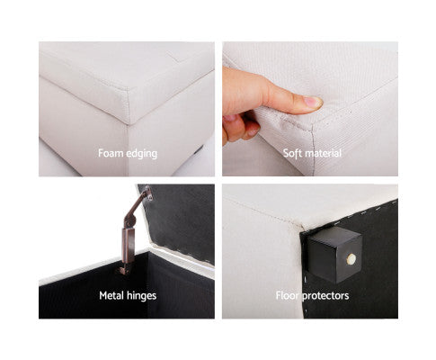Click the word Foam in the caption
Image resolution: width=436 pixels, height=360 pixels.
tap(111, 153)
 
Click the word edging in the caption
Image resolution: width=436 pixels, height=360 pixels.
tap(141, 154)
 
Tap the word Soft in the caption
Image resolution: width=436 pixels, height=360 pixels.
tap(291, 153)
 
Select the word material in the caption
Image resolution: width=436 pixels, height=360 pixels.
tap(322, 153)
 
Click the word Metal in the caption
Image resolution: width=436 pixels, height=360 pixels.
tap(111, 295)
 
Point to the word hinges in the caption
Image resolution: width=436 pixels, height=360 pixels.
tap(141, 296)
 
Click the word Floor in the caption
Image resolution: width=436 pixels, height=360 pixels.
tap(288, 295)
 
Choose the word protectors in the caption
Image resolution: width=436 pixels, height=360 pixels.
tap(325, 296)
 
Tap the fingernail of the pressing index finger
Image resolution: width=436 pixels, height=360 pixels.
tap(312, 102)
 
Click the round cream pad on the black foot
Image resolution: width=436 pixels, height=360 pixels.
tap(351, 258)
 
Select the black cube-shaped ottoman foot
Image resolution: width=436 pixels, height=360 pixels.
tap(334, 255)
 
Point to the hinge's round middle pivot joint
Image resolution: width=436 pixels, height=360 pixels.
tap(129, 221)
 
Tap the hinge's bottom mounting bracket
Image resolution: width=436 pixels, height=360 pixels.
tap(124, 268)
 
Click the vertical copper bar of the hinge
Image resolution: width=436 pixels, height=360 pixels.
tap(128, 245)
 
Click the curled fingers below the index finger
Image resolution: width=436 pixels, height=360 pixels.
tap(241, 127)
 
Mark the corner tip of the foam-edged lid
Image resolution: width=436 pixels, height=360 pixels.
tap(129, 123)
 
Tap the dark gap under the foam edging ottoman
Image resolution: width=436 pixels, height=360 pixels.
tap(199, 149)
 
